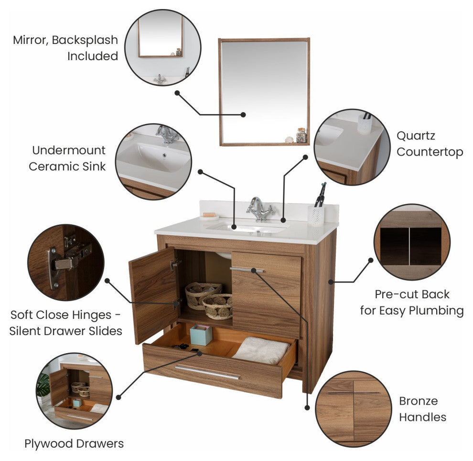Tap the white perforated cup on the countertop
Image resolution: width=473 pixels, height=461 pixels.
coord(316,215)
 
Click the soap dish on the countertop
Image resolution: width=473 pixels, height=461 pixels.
coord(209,216)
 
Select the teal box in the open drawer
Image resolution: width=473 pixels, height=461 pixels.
coord(201,335)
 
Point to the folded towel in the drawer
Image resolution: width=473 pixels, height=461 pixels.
coord(261,350)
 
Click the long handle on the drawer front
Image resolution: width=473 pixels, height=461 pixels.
coord(207,372)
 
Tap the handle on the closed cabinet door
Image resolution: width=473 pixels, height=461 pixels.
coord(247,269)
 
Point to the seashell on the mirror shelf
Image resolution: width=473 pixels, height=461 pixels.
coord(289,140)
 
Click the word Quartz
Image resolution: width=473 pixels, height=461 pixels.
coord(416,136)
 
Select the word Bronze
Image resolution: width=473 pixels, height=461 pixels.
coord(418,401)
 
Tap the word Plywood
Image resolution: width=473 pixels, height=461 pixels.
coord(49,444)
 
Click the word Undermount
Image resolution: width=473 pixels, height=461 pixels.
coord(69,150)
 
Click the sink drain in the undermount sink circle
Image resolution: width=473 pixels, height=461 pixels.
coord(164,156)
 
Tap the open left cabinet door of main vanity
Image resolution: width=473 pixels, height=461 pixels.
coord(153,294)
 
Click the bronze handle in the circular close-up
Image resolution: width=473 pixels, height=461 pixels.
coord(354,393)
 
